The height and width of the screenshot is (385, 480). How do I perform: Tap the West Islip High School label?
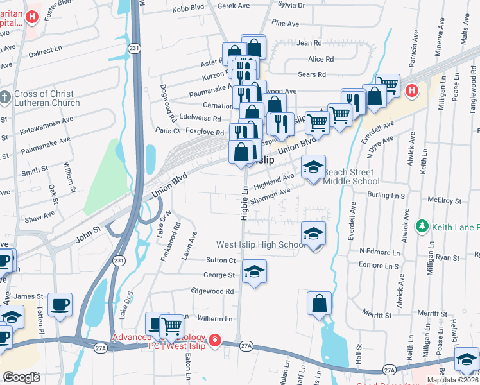click(x=261, y=244)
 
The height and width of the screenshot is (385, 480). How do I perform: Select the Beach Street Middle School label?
click(x=351, y=176)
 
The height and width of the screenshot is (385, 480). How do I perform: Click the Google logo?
click(x=21, y=377)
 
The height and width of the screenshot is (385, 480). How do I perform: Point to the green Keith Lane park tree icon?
click(x=422, y=227)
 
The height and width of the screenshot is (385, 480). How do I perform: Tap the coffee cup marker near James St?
click(x=60, y=304)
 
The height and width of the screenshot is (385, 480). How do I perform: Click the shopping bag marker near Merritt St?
click(x=319, y=303)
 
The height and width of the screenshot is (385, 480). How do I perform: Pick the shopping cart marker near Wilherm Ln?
click(x=171, y=326)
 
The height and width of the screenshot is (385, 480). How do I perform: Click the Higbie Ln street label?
click(x=244, y=204)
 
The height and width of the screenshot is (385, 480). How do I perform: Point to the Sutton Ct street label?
click(x=221, y=260)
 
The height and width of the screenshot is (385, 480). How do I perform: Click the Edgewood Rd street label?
click(x=212, y=291)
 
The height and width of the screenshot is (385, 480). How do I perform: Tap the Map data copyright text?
click(x=452, y=380)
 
